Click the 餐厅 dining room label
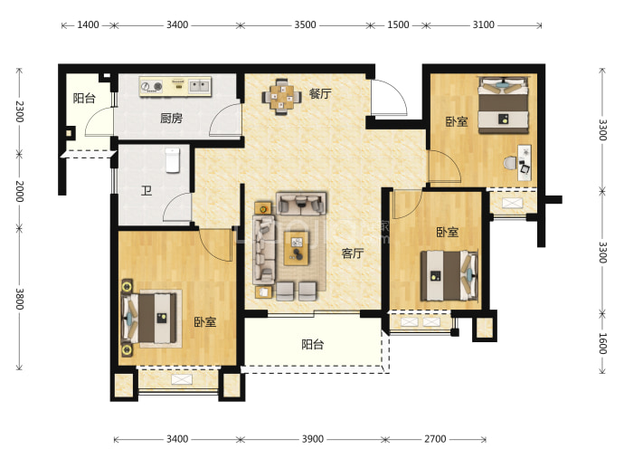point(320,93)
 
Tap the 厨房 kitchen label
point(171,119)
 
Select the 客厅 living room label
point(353,253)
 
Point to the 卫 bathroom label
point(147,191)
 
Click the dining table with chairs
point(282,97)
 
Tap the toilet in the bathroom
point(173,160)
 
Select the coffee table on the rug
point(297,248)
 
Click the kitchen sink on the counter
point(199,86)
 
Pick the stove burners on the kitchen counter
point(152,86)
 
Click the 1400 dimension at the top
point(88,24)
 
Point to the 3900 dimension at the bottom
point(312,439)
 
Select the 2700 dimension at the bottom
point(435,439)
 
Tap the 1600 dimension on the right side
point(602,343)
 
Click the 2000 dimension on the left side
point(20,191)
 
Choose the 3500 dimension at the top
point(305,24)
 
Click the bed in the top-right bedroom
point(504,105)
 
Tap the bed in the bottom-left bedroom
point(149,319)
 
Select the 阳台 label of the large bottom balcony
point(312,344)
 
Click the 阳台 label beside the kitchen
point(84,98)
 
